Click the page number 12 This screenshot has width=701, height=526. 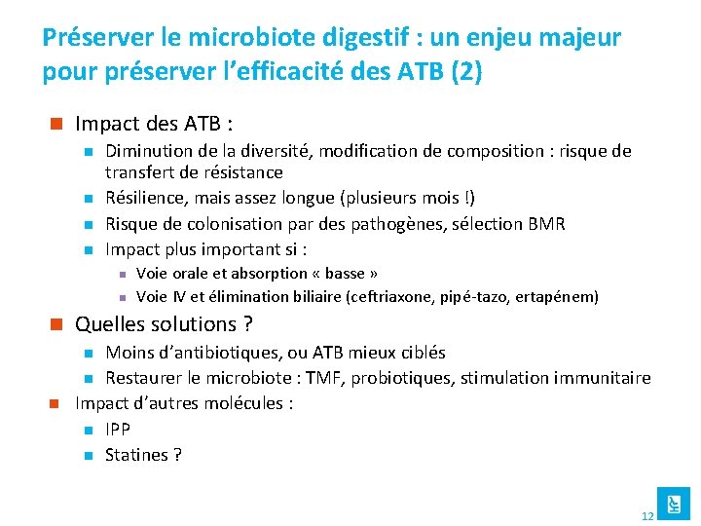click(x=647, y=515)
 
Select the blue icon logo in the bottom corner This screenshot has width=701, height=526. click(x=673, y=503)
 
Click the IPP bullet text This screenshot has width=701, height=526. click(x=118, y=430)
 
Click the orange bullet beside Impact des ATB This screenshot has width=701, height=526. click(x=56, y=124)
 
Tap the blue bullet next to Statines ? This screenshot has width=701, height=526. click(x=87, y=455)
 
